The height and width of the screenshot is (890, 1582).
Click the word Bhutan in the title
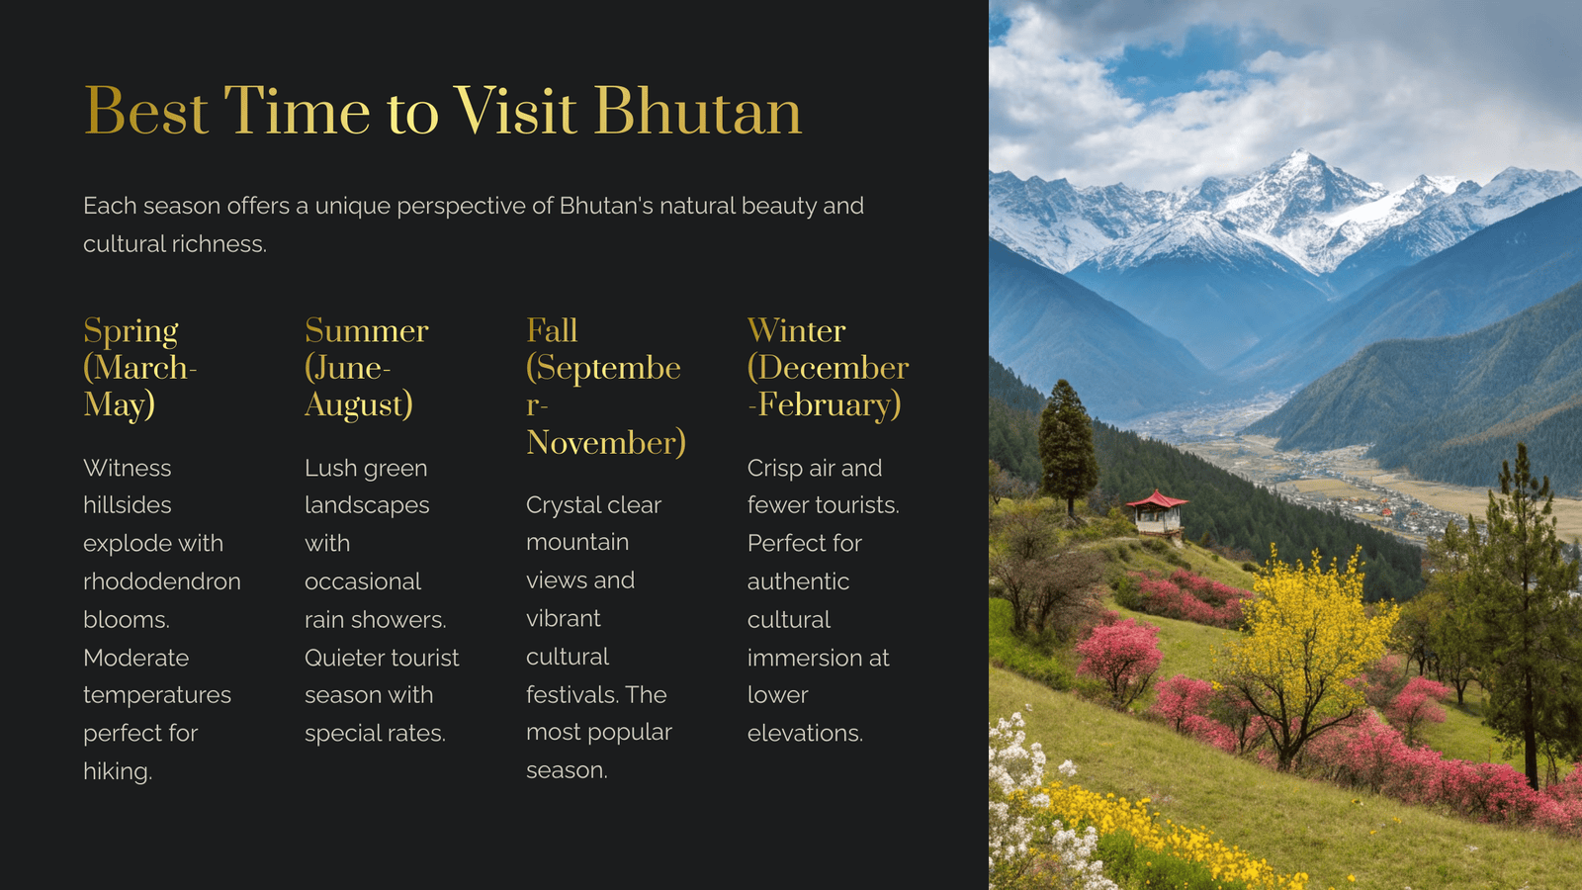[698, 111]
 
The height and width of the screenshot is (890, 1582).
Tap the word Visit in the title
[514, 111]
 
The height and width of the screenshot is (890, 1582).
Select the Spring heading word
[131, 331]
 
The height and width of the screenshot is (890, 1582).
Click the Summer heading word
[367, 330]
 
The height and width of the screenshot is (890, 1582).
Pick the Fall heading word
[552, 330]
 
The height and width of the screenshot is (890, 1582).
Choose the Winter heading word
[797, 330]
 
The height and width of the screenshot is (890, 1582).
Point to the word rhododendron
[162, 581]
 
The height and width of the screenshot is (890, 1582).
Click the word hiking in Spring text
[117, 771]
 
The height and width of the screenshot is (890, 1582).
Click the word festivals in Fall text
[569, 694]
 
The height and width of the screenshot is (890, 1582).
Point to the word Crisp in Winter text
[772, 469]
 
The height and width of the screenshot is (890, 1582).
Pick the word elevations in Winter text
[805, 733]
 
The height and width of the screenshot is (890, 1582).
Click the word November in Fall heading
[605, 443]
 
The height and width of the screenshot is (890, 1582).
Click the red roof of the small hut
[1157, 500]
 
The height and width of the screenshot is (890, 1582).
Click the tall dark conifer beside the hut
[1067, 446]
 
